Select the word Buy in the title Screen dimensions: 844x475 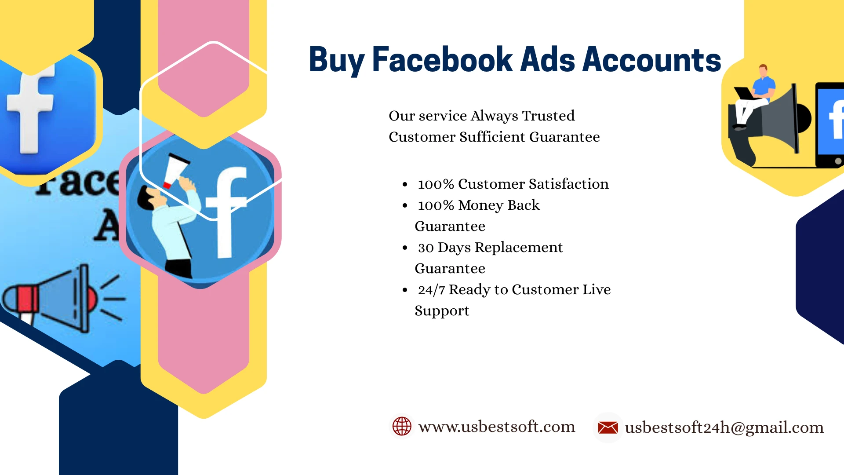coord(337,61)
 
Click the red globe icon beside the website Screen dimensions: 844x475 coord(402,426)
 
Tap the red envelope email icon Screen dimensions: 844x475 coord(608,427)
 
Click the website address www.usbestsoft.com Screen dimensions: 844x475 coord(497,427)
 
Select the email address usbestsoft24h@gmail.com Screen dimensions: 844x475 coord(724,427)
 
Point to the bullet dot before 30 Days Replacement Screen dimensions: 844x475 coord(405,248)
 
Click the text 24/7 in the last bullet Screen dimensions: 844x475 coord(432,290)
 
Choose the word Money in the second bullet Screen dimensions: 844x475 coord(481,205)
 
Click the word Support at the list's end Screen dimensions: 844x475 coord(442,311)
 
